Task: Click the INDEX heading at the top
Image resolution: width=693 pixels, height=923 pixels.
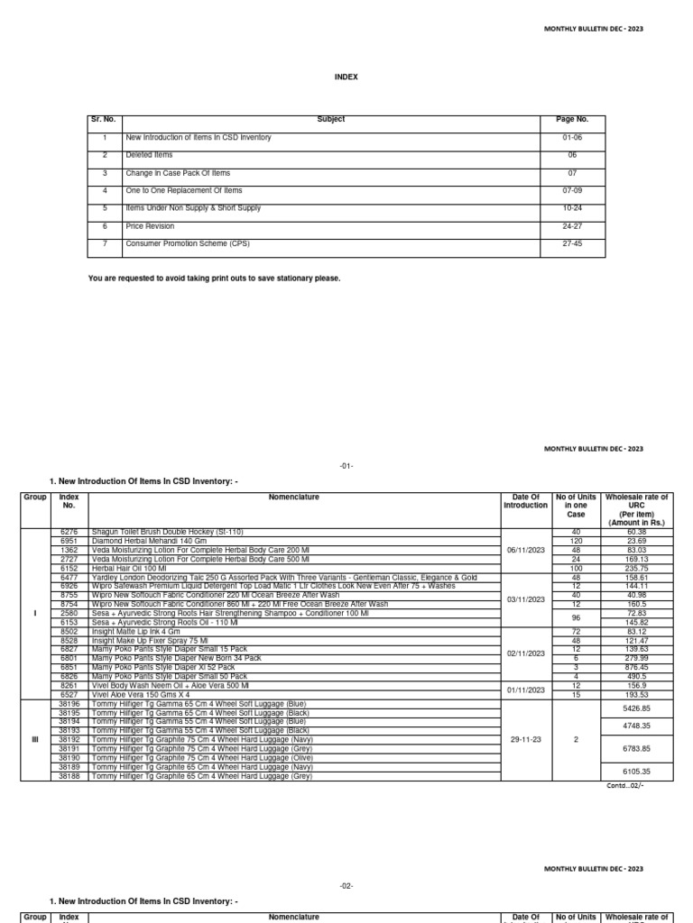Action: point(347,78)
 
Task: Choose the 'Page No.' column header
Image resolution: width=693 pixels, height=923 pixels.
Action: point(577,120)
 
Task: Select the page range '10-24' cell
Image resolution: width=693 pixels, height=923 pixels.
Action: point(577,208)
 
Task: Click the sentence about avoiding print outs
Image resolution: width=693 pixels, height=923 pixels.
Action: point(215,279)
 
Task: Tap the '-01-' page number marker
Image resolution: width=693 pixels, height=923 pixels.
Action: point(347,465)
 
